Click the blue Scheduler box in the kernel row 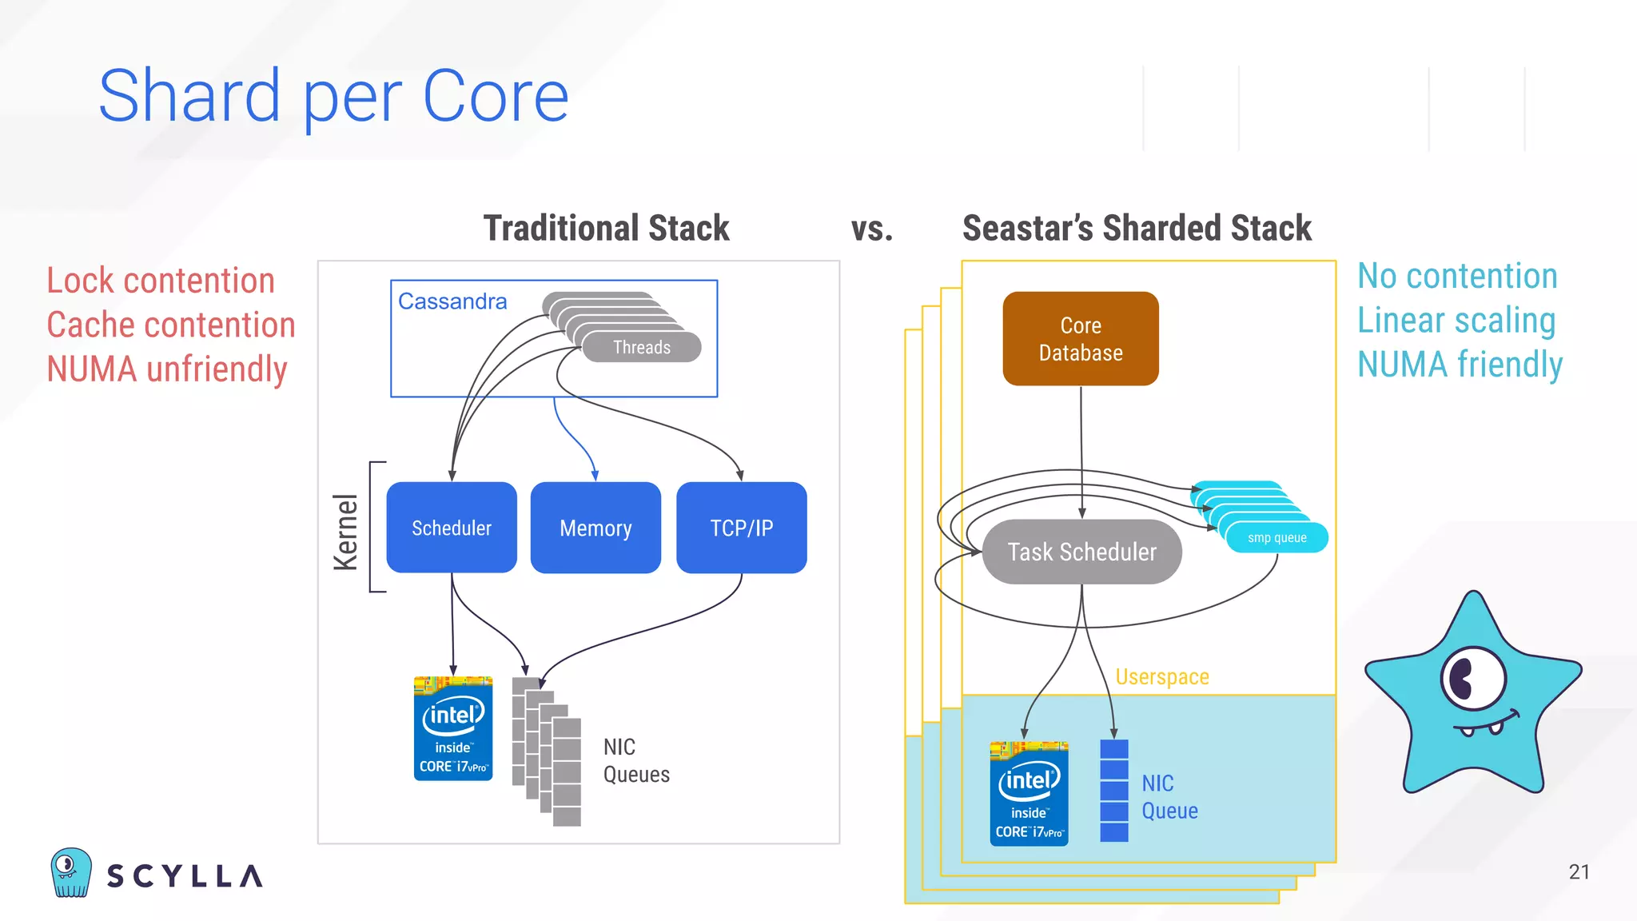coord(452,528)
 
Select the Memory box coord(595,528)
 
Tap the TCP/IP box coord(741,528)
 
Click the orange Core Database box coord(1081,339)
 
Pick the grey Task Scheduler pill coord(1081,552)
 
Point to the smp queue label coord(1277,538)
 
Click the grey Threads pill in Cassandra coord(642,347)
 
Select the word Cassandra coord(452,301)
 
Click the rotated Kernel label coord(346,532)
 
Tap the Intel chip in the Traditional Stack coord(453,728)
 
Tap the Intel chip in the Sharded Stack coord(1029,793)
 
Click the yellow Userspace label coord(1161,677)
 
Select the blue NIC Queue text coord(1169,797)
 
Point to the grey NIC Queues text coord(635,760)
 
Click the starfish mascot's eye coord(1472,679)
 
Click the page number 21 coord(1579,871)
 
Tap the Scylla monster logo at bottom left coord(71,872)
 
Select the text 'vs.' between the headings coord(871,229)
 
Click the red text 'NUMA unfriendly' coord(166,369)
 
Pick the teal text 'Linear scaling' coord(1456,321)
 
